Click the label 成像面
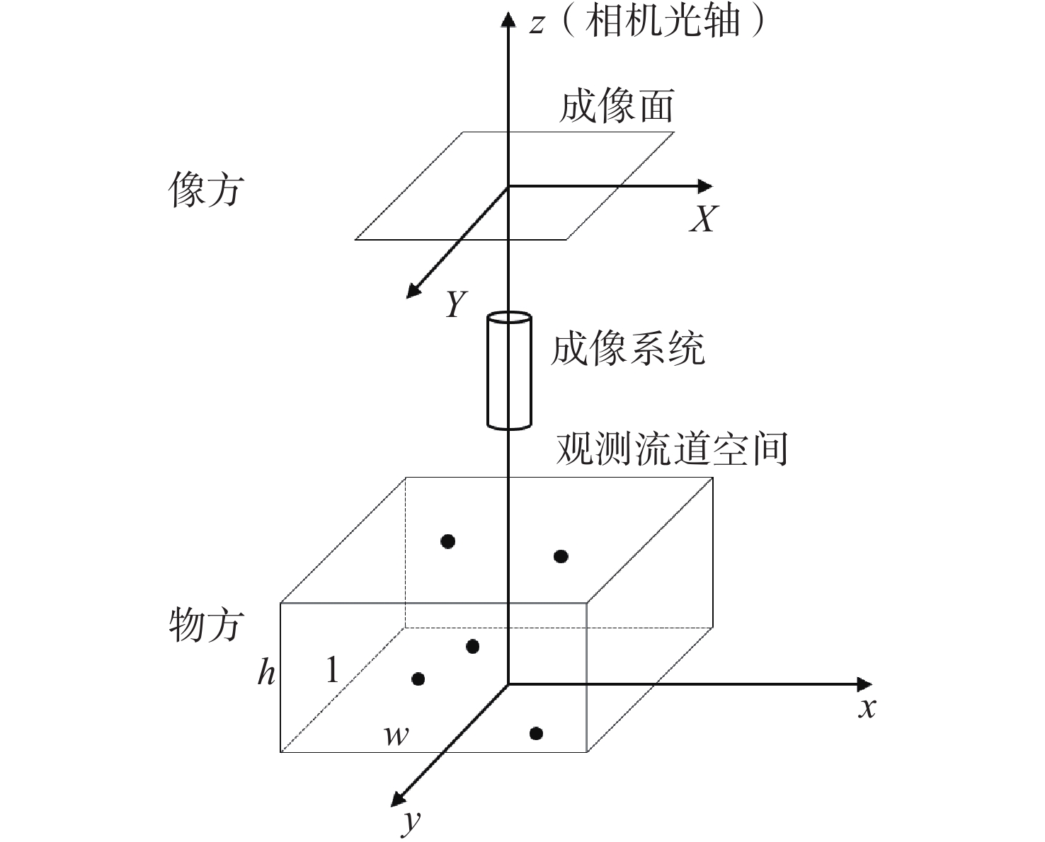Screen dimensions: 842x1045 [x=615, y=107]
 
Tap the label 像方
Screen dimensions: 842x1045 [x=206, y=190]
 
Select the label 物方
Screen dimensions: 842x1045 [x=206, y=624]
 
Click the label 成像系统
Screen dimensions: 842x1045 [x=627, y=349]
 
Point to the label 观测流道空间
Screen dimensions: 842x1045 [x=672, y=449]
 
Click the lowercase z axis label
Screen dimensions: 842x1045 [x=537, y=24]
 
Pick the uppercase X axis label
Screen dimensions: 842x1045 [x=703, y=219]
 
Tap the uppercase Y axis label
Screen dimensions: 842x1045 [x=457, y=304]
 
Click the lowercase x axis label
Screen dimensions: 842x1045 [x=867, y=708]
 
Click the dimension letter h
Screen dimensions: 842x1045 [x=266, y=671]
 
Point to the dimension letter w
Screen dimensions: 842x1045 [x=396, y=736]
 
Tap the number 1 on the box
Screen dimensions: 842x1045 [x=332, y=669]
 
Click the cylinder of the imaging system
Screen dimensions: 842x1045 [x=509, y=371]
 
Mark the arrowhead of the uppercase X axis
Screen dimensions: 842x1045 [x=705, y=187]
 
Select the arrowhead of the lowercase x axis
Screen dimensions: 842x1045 [x=864, y=684]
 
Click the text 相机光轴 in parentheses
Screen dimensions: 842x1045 [x=663, y=23]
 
